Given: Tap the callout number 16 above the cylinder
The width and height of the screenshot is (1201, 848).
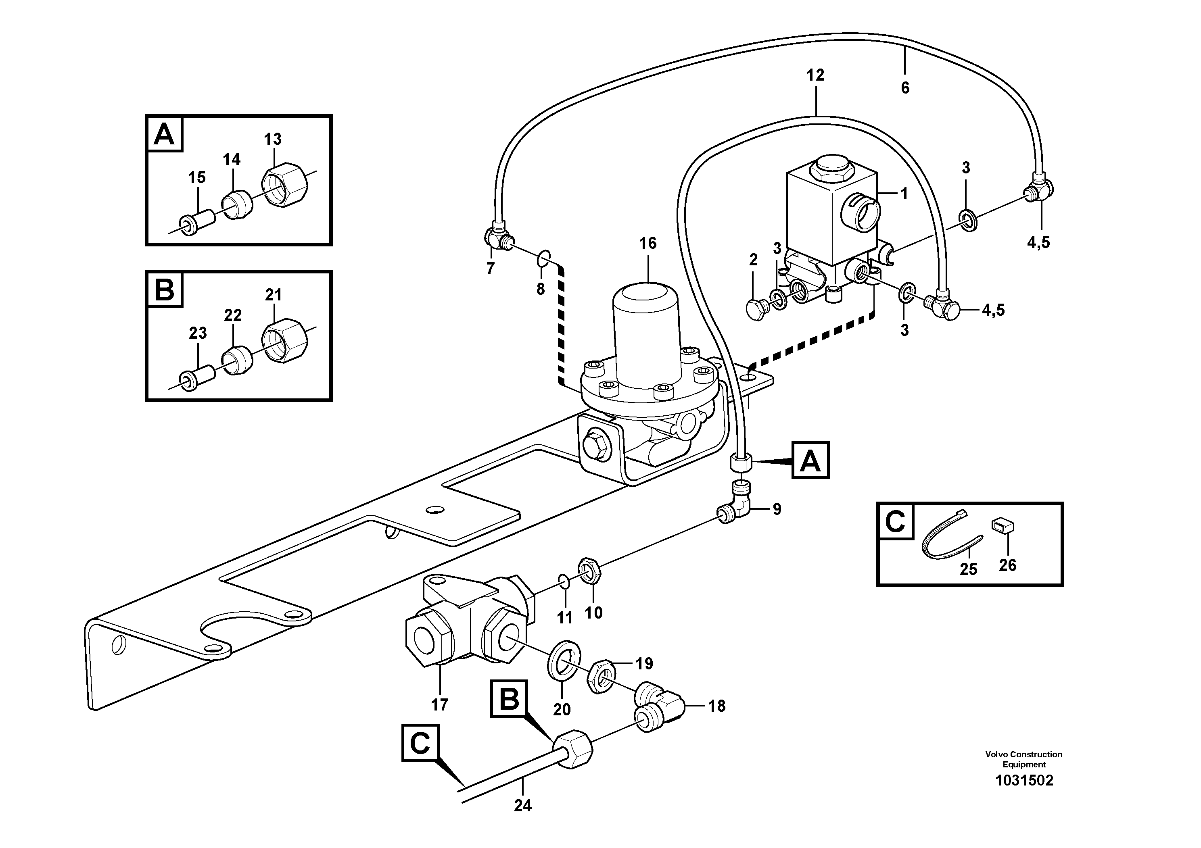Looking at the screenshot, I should click(x=647, y=243).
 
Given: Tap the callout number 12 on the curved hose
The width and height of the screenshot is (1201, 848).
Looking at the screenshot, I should click(x=815, y=75).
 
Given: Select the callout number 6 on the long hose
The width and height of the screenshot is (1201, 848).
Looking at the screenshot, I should click(x=905, y=88).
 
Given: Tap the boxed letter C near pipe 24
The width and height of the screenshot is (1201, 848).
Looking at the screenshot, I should click(x=420, y=742).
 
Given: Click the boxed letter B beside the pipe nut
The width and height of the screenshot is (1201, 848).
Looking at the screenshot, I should click(x=509, y=698).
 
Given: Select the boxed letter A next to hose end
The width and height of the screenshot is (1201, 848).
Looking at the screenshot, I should click(x=810, y=460).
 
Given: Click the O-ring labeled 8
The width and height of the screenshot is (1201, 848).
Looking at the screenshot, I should click(x=544, y=257).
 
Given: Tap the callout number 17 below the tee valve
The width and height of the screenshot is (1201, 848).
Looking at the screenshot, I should click(x=439, y=705).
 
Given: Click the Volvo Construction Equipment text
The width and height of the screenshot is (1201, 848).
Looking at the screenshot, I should click(x=1023, y=759).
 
